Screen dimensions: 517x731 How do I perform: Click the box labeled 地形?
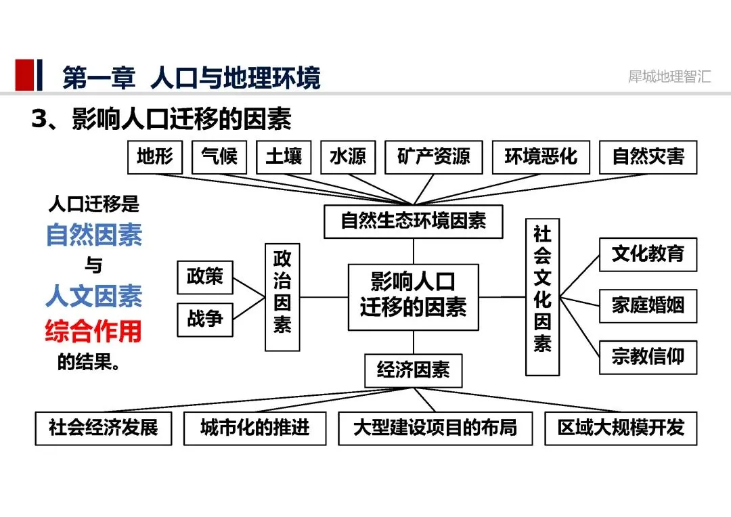pyautogui.click(x=155, y=157)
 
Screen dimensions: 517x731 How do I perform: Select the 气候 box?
pyautogui.click(x=219, y=157)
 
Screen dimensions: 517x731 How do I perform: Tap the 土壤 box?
pyautogui.click(x=284, y=157)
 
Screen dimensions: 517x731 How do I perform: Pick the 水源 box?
pyautogui.click(x=348, y=157)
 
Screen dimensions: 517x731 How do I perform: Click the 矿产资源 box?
pyautogui.click(x=434, y=157)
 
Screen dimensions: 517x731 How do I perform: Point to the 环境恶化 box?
pyautogui.click(x=541, y=157)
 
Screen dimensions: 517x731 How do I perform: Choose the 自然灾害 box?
pyautogui.click(x=648, y=157)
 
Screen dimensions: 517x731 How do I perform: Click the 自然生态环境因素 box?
pyautogui.click(x=413, y=221)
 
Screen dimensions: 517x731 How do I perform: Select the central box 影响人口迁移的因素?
pyautogui.click(x=413, y=296)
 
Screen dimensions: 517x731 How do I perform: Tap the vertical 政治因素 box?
pyautogui.click(x=282, y=297)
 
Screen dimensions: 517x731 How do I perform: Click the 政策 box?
pyautogui.click(x=205, y=277)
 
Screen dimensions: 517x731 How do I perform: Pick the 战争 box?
pyautogui.click(x=205, y=319)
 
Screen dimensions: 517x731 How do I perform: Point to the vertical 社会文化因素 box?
pyautogui.click(x=542, y=296)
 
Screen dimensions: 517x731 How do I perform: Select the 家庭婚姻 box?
pyautogui.click(x=648, y=306)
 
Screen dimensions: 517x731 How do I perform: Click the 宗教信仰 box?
pyautogui.click(x=648, y=357)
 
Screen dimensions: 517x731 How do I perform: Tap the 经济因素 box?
pyautogui.click(x=413, y=371)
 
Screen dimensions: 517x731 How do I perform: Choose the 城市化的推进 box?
pyautogui.click(x=254, y=428)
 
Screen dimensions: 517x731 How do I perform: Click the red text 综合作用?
pyautogui.click(x=93, y=331)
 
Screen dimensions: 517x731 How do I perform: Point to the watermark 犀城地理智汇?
pyautogui.click(x=669, y=76)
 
